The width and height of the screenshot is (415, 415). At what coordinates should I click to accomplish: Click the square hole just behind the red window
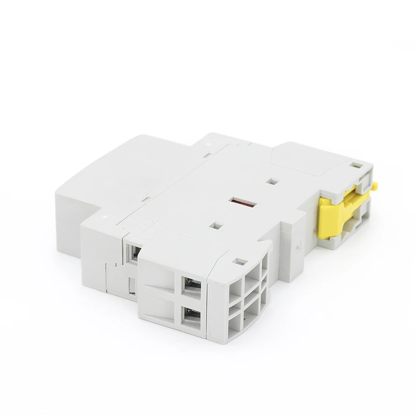coord(273,181)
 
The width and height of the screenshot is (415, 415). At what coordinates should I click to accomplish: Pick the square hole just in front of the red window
coord(215,225)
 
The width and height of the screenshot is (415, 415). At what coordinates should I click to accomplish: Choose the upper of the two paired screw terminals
coord(192,286)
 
